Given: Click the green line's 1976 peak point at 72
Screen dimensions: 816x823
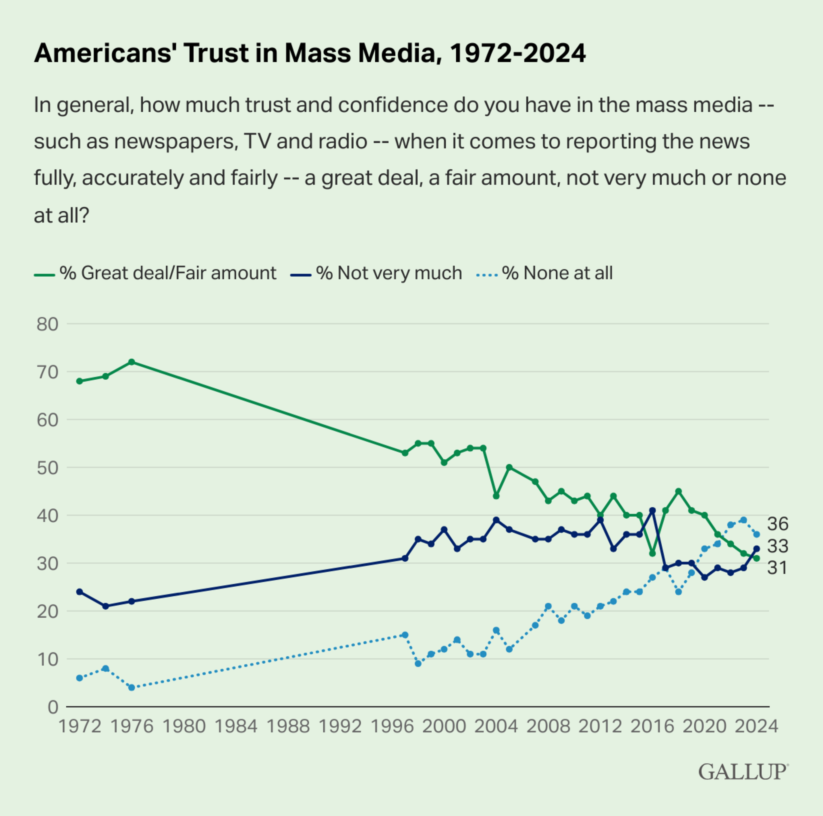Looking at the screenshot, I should (x=132, y=362).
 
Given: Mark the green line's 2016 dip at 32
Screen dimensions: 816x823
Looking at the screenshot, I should (x=652, y=553).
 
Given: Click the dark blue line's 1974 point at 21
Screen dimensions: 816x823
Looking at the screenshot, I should (x=106, y=606).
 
